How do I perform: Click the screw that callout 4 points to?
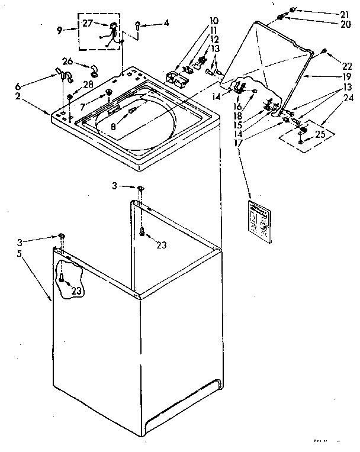point(137,25)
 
